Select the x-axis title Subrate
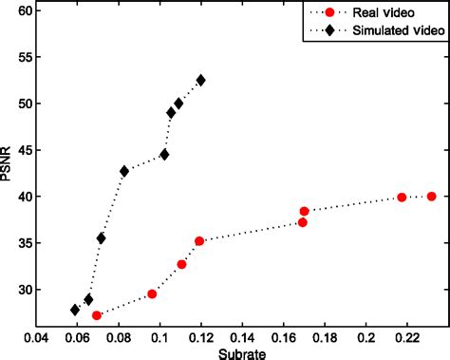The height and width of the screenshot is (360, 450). pyautogui.click(x=242, y=352)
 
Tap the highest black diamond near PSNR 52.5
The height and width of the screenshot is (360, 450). pyautogui.click(x=200, y=81)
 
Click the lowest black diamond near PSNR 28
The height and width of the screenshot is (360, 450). pyautogui.click(x=75, y=310)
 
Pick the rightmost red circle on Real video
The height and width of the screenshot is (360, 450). pyautogui.click(x=432, y=197)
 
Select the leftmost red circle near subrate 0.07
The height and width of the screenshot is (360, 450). pyautogui.click(x=97, y=315)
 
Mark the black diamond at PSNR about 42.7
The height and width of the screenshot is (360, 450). pyautogui.click(x=124, y=171)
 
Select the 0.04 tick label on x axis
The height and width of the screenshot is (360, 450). pyautogui.click(x=36, y=336)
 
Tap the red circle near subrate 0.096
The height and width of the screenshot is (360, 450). pyautogui.click(x=152, y=294)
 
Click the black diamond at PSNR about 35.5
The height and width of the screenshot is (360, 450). pyautogui.click(x=101, y=238)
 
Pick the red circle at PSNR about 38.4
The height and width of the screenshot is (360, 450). pyautogui.click(x=305, y=212)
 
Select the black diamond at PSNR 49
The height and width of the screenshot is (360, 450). pyautogui.click(x=172, y=112)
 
